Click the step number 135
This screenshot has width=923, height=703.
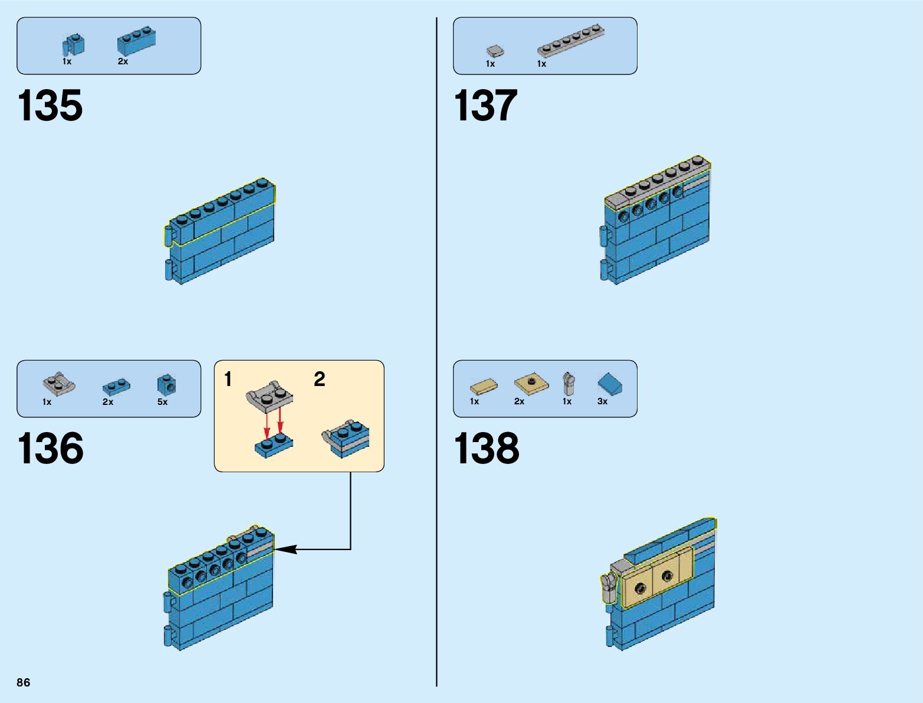pos(50,106)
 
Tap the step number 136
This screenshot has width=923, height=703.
pos(50,448)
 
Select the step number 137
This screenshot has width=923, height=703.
pos(485,106)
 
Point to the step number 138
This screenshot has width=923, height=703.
pos(487,448)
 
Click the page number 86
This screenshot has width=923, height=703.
pos(24,682)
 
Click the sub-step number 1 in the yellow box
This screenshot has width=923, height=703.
pos(228,379)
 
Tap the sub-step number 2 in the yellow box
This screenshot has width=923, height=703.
pos(319,379)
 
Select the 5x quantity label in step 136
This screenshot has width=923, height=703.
pos(162,402)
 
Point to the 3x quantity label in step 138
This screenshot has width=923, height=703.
pos(602,401)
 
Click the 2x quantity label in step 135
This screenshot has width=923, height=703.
pos(123,61)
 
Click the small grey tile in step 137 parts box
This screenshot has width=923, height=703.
pos(495,51)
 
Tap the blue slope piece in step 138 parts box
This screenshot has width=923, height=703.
pos(610,384)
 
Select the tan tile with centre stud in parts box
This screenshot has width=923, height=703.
pos(531,384)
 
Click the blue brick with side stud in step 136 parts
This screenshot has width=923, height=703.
pos(166,385)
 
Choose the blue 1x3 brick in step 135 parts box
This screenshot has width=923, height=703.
pos(136,41)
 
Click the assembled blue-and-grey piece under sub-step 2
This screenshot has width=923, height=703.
pos(347,438)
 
